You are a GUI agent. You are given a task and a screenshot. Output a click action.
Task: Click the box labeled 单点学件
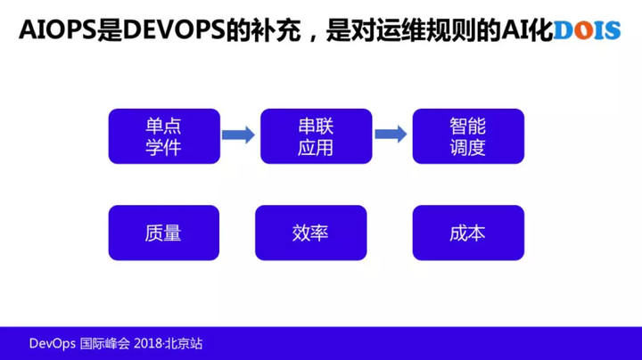point(163,135)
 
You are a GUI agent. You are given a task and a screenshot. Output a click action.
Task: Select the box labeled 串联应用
point(315,135)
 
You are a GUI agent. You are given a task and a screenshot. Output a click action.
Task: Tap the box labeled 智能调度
point(468,135)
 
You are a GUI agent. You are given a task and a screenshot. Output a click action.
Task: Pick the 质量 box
point(163,233)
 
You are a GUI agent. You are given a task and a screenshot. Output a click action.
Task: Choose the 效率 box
point(310,233)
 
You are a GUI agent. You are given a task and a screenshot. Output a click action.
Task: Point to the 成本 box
point(468,233)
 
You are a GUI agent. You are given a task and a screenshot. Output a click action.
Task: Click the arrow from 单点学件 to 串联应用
point(238,135)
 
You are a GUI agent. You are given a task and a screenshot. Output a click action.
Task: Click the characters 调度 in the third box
point(468,148)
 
